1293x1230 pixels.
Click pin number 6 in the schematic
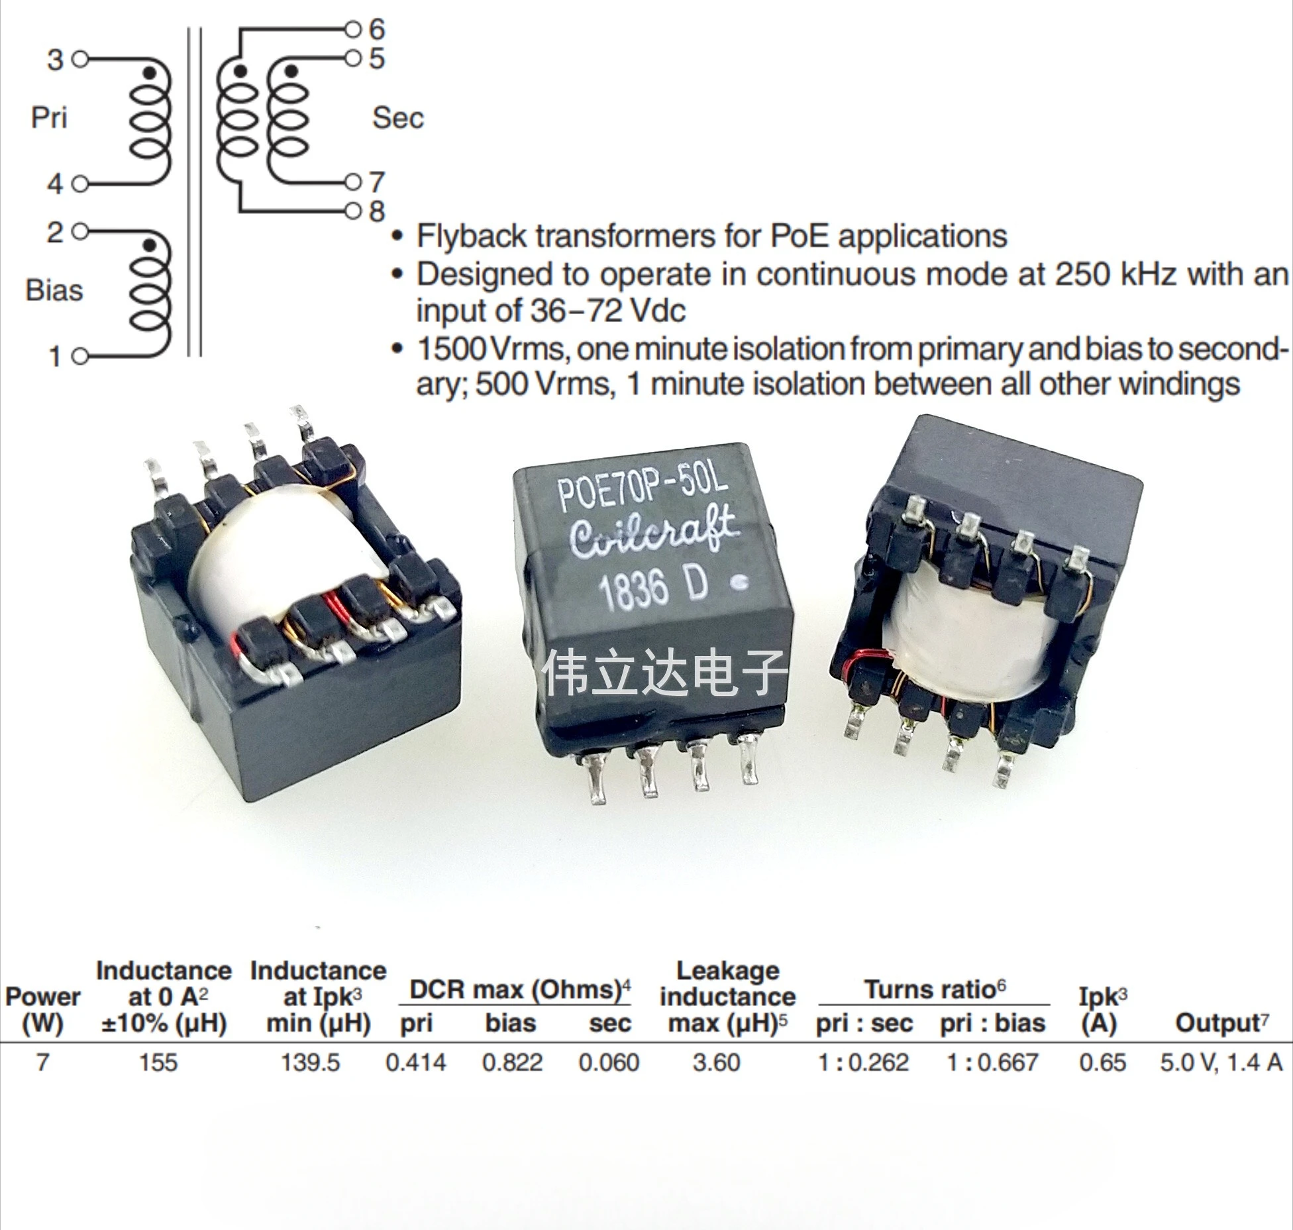(377, 29)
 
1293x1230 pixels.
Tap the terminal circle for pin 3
(79, 60)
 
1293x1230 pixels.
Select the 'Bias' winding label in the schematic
(54, 290)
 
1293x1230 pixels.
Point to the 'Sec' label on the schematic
(397, 118)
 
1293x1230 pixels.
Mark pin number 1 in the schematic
(56, 357)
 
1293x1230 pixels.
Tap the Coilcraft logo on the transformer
(653, 536)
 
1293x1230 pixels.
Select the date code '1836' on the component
(633, 590)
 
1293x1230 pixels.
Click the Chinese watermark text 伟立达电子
(666, 673)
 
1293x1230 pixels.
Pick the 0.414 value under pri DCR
(416, 1062)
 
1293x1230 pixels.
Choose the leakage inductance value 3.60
(716, 1062)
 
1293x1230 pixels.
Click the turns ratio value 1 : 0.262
(863, 1062)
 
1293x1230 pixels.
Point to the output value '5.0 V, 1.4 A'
(1221, 1062)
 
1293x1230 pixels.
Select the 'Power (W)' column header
(42, 1010)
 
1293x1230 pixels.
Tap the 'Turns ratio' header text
(935, 989)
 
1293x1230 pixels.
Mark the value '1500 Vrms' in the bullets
(493, 349)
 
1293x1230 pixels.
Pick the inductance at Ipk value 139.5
(310, 1062)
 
